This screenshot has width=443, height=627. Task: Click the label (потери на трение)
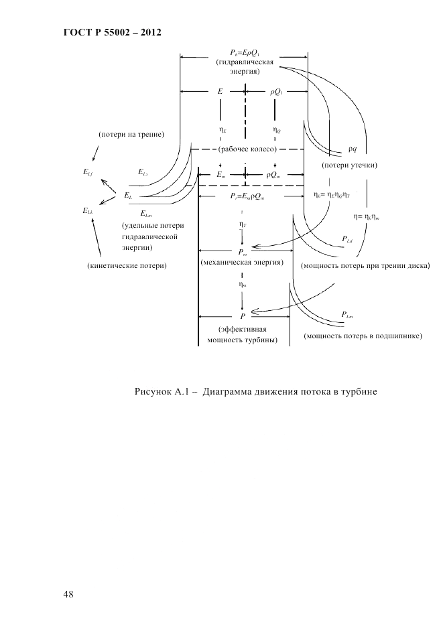point(131,135)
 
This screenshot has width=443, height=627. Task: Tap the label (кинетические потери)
point(127,266)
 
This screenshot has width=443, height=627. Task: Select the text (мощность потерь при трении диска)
point(365,266)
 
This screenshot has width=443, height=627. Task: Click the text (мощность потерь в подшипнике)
point(363,336)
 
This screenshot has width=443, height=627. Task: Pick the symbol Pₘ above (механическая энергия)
point(243,252)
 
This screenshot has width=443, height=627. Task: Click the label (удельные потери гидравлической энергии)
point(153,236)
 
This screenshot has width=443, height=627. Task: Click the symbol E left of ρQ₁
point(220,90)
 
